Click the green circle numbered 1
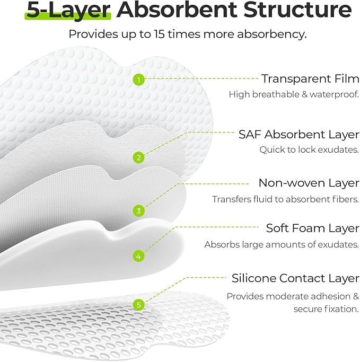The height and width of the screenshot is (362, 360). (138, 80)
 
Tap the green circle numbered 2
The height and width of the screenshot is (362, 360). (138, 157)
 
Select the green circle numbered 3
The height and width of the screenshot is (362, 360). (138, 210)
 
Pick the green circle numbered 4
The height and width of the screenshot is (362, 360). (138, 256)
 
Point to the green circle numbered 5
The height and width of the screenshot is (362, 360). (138, 305)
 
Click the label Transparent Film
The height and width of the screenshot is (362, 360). (310, 79)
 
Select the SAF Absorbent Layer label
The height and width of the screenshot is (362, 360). (298, 134)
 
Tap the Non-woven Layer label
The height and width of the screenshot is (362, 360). (309, 183)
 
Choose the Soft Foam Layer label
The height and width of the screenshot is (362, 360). (312, 228)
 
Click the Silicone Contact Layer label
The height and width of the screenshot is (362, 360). (295, 278)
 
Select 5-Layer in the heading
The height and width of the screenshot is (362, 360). (67, 10)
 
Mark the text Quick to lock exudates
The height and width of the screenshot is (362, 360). (309, 150)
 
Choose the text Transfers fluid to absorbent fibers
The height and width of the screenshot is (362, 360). (286, 200)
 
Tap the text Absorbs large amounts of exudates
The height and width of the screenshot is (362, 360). (282, 245)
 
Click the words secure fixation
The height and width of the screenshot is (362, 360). (326, 309)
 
